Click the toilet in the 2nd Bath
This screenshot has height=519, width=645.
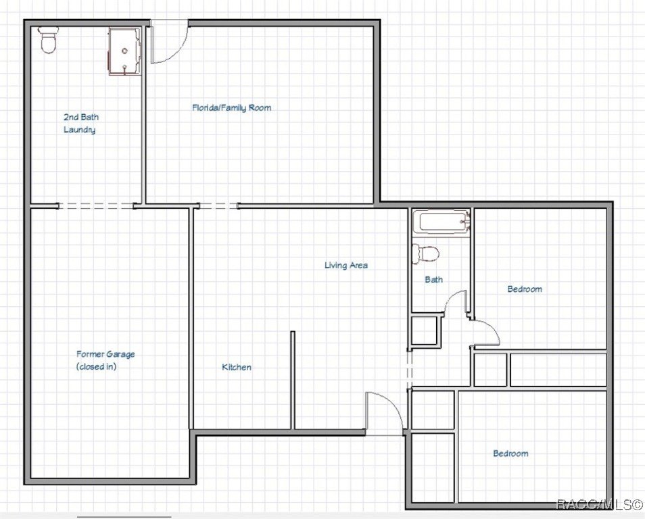[x=48, y=40]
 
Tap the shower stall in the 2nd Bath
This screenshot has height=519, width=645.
[x=125, y=51]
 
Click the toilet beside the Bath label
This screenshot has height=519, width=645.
[x=426, y=254]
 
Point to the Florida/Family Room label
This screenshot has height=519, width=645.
[x=232, y=107]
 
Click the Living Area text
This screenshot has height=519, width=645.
[x=346, y=266]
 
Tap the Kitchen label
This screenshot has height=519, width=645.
[x=237, y=367]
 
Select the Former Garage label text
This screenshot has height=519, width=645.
[x=105, y=354]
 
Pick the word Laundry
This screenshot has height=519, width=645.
[x=79, y=130]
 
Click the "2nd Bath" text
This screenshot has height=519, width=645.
[x=81, y=117]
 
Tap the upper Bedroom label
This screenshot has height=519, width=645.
[x=525, y=289]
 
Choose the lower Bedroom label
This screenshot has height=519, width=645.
[x=510, y=453]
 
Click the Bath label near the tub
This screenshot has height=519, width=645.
[x=433, y=279]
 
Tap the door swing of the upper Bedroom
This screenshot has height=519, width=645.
[x=485, y=332]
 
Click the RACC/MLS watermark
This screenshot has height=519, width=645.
[x=599, y=504]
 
